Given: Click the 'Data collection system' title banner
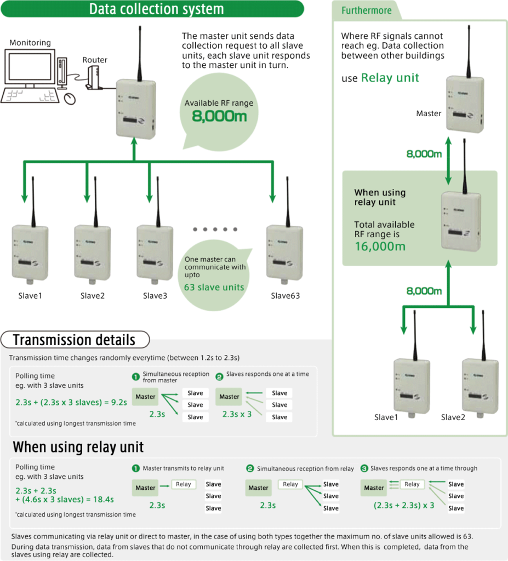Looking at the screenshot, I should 156,9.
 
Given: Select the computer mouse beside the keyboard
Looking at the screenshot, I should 70,98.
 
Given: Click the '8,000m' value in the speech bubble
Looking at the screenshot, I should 219,116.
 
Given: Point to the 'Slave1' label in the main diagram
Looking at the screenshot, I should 30,296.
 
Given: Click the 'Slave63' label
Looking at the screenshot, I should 285,296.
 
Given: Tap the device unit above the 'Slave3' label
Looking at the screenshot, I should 155,252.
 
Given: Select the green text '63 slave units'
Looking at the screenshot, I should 214,287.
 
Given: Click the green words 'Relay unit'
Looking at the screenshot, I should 390,78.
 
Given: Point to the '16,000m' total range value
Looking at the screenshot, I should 380,246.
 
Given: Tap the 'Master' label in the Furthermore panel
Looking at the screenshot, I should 429,113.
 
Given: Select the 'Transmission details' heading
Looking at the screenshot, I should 74,340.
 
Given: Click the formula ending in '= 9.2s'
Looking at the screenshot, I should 71,402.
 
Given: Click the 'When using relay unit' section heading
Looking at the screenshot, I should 78,447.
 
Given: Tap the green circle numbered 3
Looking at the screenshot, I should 364,468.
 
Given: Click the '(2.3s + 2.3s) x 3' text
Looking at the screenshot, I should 404,505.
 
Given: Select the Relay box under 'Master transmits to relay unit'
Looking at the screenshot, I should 184,484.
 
